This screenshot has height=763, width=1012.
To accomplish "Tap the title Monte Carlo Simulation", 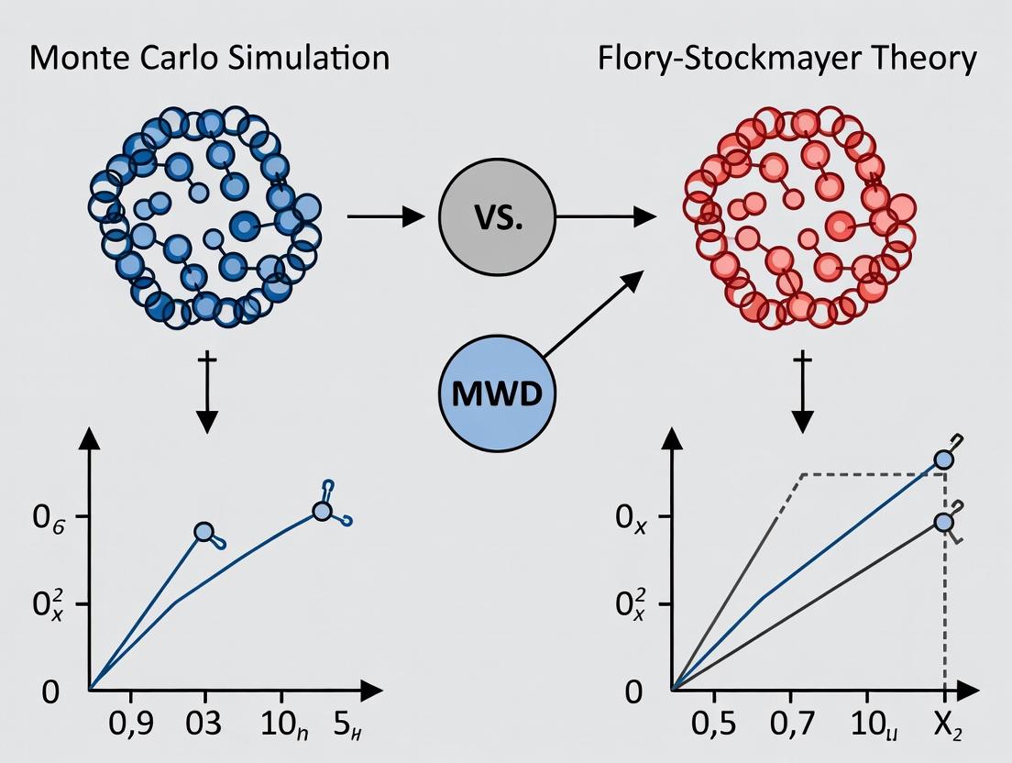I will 208,58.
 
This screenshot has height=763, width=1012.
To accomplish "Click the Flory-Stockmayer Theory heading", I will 787,58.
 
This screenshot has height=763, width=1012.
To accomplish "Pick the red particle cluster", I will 797,217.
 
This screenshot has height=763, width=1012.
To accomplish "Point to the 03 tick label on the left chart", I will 203,724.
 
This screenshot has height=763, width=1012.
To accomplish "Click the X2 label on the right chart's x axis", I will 946,724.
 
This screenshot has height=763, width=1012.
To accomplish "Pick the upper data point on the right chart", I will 944,460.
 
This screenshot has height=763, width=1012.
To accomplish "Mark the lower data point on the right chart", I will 944,522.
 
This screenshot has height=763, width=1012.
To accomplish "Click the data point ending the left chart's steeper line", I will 203,532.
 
